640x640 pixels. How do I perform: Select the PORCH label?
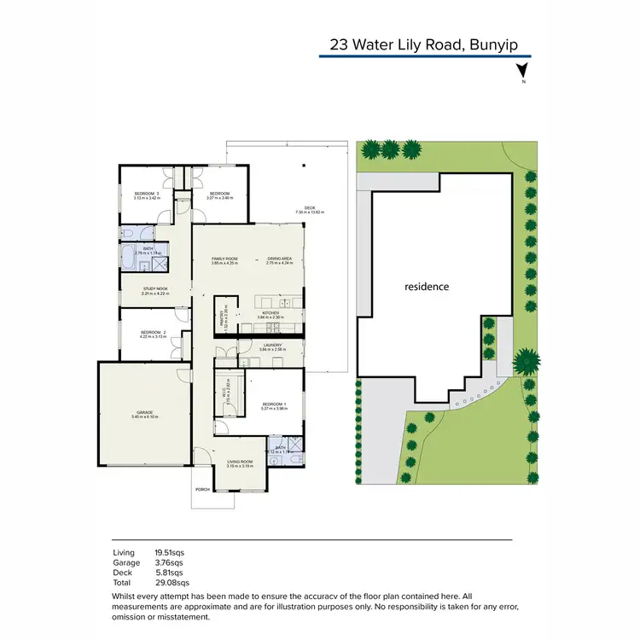point(202,490)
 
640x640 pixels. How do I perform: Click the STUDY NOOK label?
point(155,289)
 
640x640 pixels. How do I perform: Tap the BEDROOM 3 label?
point(147,194)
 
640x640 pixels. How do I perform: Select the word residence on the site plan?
point(426,287)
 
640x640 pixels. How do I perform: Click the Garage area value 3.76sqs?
point(169,563)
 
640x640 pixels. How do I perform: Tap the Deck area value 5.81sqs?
point(169,573)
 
